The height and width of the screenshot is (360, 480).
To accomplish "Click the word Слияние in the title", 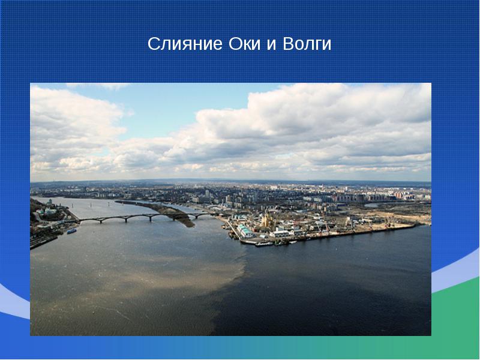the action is pyautogui.click(x=185, y=43).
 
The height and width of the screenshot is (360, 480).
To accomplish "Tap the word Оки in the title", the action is pyautogui.click(x=244, y=43).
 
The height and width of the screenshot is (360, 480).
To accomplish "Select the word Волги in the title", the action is pyautogui.click(x=307, y=44).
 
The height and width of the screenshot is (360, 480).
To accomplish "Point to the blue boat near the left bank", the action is pyautogui.click(x=71, y=231).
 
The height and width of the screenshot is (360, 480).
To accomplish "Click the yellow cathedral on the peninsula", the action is pyautogui.click(x=267, y=219).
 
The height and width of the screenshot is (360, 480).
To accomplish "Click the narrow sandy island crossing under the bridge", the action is pyautogui.click(x=166, y=211).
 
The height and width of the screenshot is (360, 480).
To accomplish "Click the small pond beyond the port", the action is pyautogui.click(x=372, y=205).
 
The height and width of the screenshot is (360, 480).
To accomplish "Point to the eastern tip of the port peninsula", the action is pyautogui.click(x=415, y=226).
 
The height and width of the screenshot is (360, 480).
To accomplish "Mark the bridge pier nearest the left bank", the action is pyautogui.click(x=101, y=220).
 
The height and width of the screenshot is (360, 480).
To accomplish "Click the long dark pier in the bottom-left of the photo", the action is pyautogui.click(x=43, y=242).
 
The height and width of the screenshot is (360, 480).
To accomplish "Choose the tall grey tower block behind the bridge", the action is pyautogui.click(x=207, y=194).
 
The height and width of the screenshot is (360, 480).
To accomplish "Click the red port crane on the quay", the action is pyautogui.click(x=328, y=227).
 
